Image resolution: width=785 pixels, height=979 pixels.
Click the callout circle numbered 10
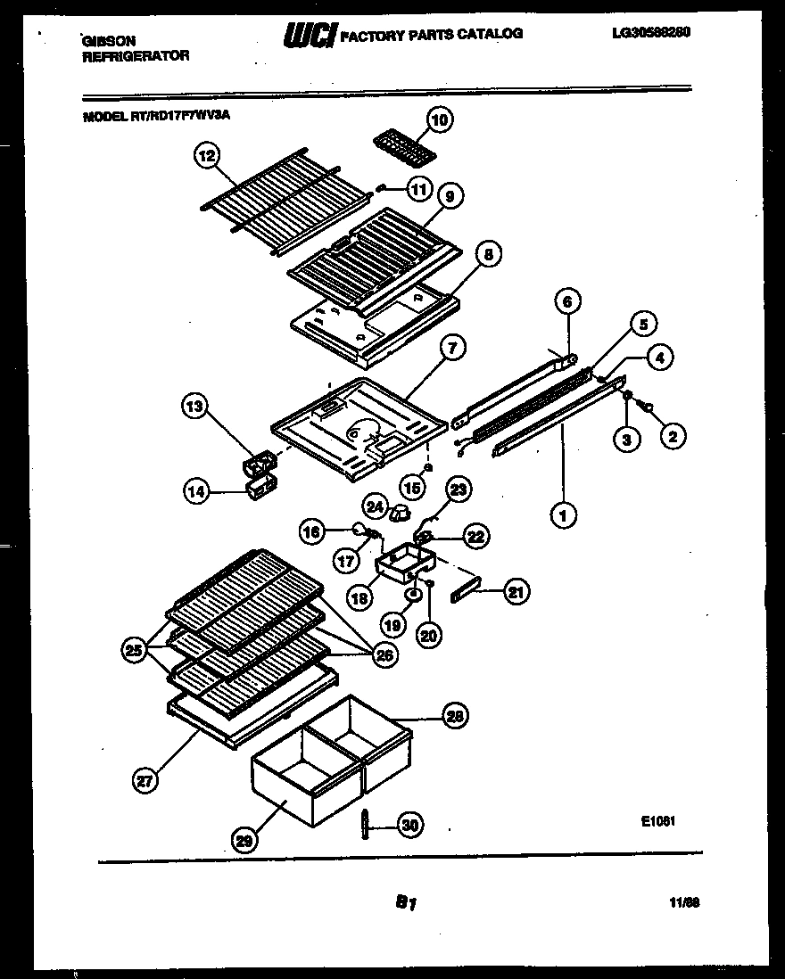(438, 119)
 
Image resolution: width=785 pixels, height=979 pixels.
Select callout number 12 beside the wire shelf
(206, 156)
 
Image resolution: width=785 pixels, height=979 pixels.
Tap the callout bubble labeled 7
(452, 349)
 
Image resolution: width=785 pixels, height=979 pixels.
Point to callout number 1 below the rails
(563, 514)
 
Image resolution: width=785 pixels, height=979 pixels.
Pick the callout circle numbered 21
(517, 590)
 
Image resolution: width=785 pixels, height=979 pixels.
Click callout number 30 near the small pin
(409, 826)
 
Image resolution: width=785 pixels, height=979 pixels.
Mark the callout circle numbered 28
(456, 715)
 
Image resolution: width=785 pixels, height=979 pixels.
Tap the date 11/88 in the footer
(684, 902)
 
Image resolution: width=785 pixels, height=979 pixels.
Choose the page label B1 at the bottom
(406, 902)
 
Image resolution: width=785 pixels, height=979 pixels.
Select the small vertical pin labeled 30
(367, 825)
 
